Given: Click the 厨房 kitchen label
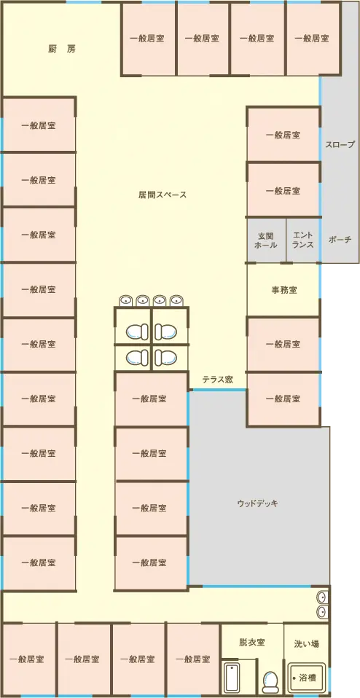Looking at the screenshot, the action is point(62,49).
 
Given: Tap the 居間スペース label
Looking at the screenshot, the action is point(163,195).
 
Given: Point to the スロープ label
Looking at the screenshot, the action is point(340,145).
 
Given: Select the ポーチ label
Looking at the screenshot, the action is point(340,240).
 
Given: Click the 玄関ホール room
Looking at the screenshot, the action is point(266,240).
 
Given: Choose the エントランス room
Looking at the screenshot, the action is point(303,240).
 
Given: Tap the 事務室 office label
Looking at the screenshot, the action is point(284,290).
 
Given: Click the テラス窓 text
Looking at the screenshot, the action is point(217,380).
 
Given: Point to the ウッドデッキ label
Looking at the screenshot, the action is point(258,504).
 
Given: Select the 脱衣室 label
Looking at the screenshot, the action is point(252,643).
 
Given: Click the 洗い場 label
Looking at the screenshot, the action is point(306,643).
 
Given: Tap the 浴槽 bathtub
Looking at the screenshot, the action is point(307,678).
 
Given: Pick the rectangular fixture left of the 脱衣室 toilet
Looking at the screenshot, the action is point(232,678).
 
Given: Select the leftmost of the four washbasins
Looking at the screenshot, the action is point(126,300).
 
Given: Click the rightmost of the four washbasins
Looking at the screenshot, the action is point(176,300).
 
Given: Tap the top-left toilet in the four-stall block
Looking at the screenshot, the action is point(137,332).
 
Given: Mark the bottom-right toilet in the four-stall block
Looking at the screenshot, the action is point(165,357).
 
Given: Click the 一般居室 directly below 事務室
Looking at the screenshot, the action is point(283,344).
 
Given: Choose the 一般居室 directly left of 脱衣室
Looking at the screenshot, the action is point(193,659).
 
